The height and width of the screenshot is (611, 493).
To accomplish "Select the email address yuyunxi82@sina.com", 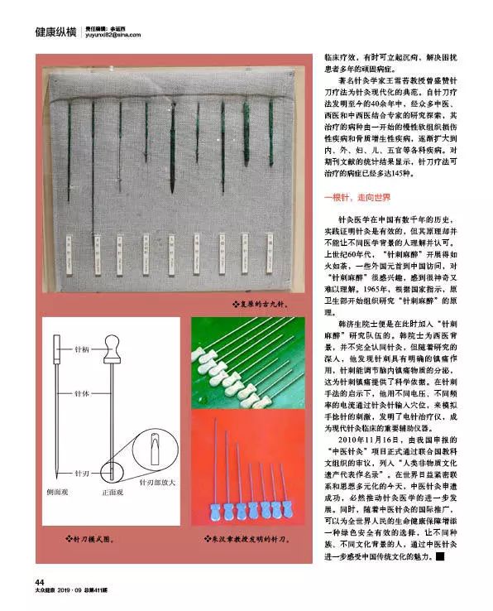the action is point(113,36).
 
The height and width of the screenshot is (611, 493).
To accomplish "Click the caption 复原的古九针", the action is point(259,305).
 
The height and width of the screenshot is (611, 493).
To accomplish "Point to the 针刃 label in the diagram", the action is point(83,474).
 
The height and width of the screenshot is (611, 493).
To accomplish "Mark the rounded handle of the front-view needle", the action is point(112,342).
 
